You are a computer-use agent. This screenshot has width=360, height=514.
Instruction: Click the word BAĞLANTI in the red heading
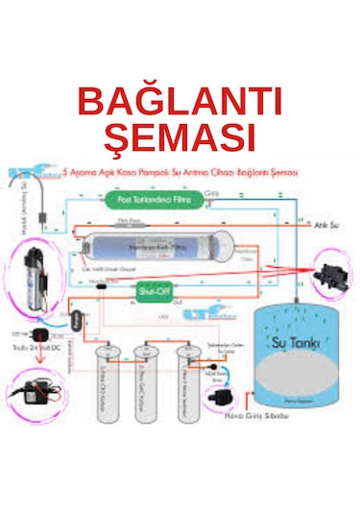pos(179,102)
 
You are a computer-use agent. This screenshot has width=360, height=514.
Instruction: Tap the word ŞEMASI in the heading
pos(179,136)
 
